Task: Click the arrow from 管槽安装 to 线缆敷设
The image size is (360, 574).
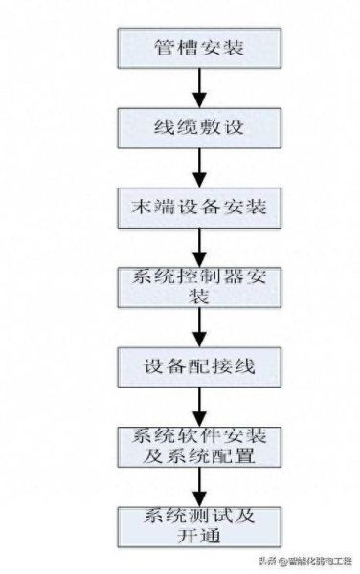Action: [x=200, y=86]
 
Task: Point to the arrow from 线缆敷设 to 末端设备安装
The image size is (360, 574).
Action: [x=200, y=166]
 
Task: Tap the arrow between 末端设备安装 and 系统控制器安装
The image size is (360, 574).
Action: [x=200, y=246]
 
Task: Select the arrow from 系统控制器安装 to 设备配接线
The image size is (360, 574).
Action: [x=200, y=325]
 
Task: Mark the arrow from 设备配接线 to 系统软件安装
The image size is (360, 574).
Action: [x=200, y=405]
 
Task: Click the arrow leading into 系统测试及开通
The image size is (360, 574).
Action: [x=200, y=485]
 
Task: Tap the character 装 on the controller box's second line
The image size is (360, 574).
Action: [x=199, y=296]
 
